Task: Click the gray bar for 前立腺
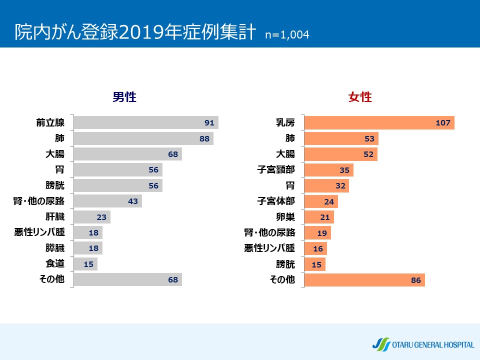145,123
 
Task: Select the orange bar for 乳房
379,123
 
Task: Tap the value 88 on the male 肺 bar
204,139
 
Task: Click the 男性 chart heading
124,97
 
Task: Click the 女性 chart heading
360,97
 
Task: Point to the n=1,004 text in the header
287,35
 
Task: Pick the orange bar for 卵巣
319,217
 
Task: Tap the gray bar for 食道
85,264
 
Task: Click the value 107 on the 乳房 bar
443,123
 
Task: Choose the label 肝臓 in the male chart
55,217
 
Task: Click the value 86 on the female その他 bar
416,280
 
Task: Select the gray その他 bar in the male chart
127,280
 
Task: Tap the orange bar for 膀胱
315,264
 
